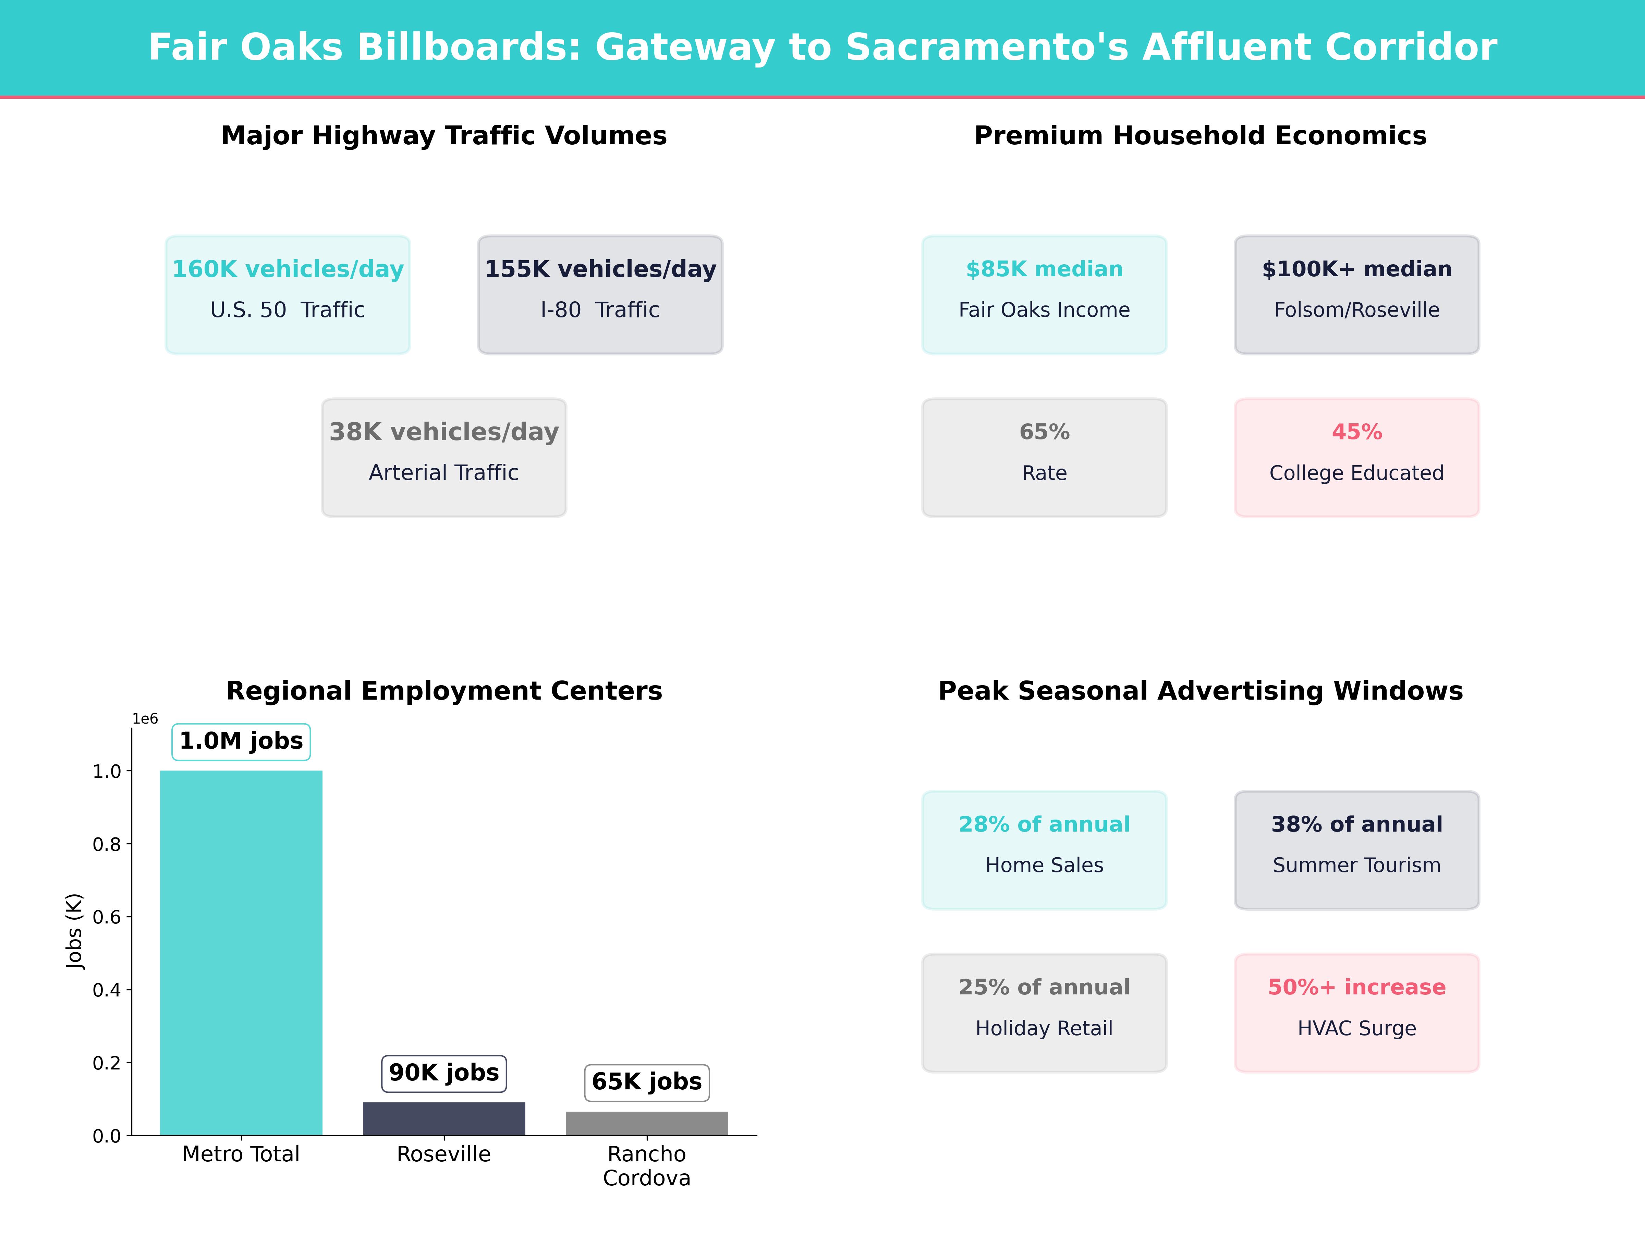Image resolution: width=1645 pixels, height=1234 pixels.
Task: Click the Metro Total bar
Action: tap(241, 952)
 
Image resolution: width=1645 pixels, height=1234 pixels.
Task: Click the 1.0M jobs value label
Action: tap(241, 741)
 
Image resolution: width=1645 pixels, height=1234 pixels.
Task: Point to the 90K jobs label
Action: tap(444, 1073)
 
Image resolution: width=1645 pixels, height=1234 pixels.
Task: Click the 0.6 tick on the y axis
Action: tap(106, 917)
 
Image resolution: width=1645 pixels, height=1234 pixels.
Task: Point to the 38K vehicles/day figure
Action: tap(444, 432)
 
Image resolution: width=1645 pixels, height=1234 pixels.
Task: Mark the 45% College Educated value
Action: tap(1356, 432)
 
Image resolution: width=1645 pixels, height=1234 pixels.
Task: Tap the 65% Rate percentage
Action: tap(1044, 432)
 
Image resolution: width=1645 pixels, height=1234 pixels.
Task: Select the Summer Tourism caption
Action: tap(1356, 865)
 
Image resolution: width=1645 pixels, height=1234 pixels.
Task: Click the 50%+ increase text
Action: tap(1356, 987)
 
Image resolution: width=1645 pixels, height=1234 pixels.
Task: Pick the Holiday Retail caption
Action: tap(1044, 1028)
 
